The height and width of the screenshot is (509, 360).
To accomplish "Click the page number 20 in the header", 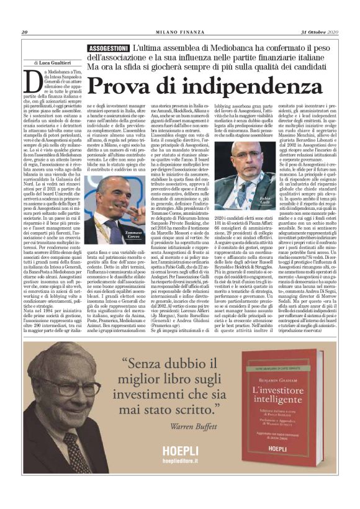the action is click(x=25, y=33).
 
